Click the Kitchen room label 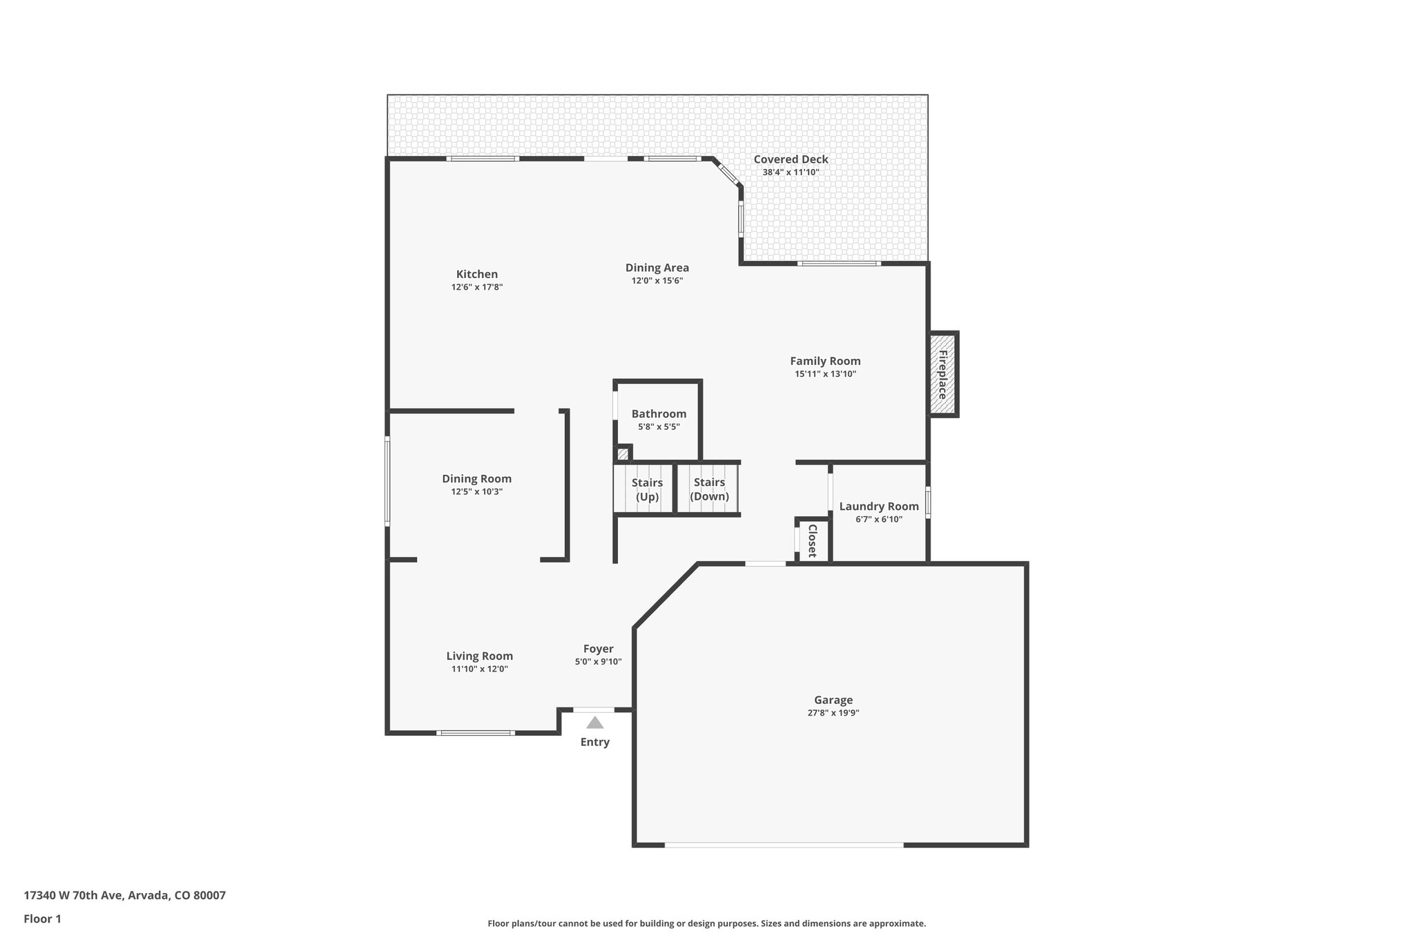click(x=476, y=274)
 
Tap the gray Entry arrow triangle click(x=594, y=723)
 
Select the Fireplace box click(x=942, y=374)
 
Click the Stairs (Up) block click(x=646, y=489)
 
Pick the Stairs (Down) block click(x=709, y=489)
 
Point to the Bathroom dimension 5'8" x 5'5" click(x=659, y=426)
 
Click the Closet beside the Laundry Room click(x=813, y=540)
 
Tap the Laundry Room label click(x=878, y=507)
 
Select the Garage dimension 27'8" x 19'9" click(x=833, y=713)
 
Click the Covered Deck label click(x=791, y=159)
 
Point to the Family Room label click(x=825, y=361)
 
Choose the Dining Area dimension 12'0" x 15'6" click(x=657, y=281)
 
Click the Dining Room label click(x=476, y=479)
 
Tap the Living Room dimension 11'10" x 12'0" click(x=479, y=669)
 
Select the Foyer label click(x=598, y=649)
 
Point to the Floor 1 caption click(x=42, y=919)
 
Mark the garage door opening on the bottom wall click(x=784, y=845)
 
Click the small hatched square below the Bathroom click(x=622, y=453)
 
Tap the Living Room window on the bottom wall click(x=475, y=732)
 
